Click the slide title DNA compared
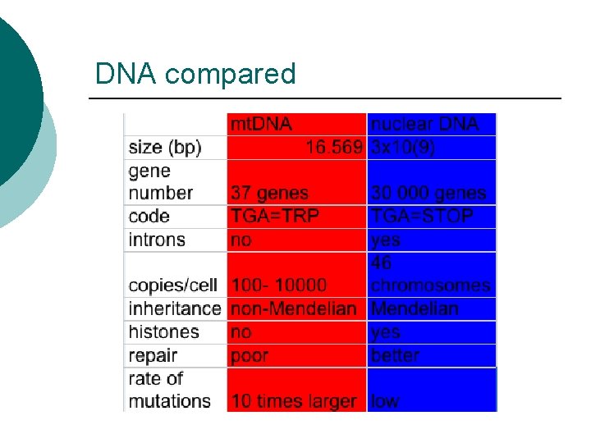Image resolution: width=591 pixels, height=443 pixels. pos(195,75)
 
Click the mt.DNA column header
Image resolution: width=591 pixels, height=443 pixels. pos(261,125)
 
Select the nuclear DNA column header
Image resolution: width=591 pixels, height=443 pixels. pos(432,125)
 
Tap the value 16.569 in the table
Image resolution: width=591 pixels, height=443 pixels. pos(334,148)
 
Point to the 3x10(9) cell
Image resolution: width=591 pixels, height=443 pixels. pos(403,148)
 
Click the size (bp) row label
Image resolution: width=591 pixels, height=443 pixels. pos(165,148)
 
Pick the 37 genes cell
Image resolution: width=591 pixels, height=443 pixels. pos(270,194)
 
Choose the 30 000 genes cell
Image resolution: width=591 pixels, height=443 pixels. pos(428,194)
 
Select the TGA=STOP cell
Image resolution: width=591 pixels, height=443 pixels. pos(422,217)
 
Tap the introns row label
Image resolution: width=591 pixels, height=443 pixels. pos(157,240)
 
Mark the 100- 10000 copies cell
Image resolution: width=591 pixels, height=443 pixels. pos(279,285)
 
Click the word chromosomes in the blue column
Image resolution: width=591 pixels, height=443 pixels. pos(430,285)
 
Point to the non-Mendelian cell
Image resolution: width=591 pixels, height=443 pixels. pos(294,308)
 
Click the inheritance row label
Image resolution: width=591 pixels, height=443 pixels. pos(175,308)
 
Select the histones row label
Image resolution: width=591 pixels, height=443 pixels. pos(164,331)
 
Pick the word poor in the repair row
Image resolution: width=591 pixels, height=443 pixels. pos(250,355)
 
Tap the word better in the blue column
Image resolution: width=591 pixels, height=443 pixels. pos(395,355)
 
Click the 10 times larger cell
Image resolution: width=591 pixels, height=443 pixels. pos(294,401)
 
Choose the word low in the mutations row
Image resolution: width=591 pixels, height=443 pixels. pos(385,401)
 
